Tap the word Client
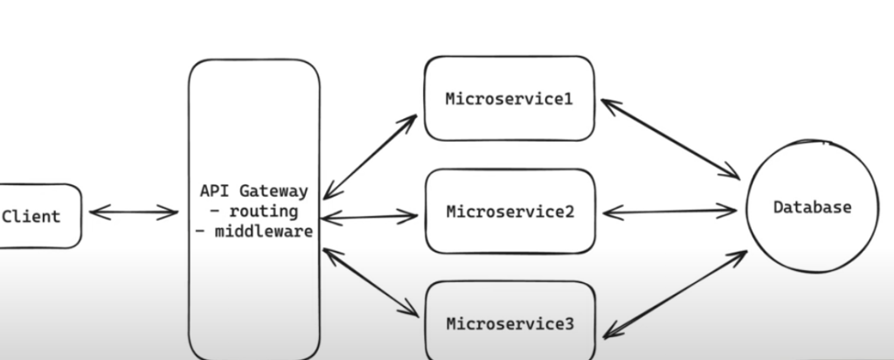coord(32,216)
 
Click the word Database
coord(812,208)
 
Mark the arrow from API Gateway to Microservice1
coord(370,157)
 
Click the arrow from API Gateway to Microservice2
coord(370,215)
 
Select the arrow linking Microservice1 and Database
coord(669,140)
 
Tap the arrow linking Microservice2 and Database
coord(669,211)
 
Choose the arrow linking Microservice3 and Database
coord(675,294)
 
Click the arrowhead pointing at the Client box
coord(95,212)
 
